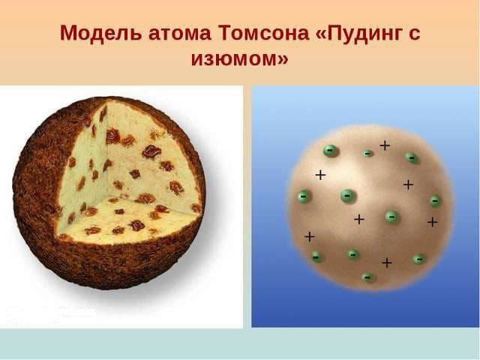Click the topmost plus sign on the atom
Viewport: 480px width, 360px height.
point(385,145)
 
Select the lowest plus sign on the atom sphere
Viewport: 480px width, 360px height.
point(387,262)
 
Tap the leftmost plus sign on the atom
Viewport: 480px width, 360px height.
point(309,236)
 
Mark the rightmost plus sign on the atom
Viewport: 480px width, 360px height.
point(432,222)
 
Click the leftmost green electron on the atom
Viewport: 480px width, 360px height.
point(302,196)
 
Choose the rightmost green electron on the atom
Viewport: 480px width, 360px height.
point(435,201)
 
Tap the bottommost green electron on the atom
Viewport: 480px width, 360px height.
point(367,277)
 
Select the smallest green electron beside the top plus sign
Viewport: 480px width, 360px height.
point(367,154)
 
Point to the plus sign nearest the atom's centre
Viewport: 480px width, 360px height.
point(359,219)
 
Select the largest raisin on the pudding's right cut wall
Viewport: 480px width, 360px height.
point(151,151)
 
